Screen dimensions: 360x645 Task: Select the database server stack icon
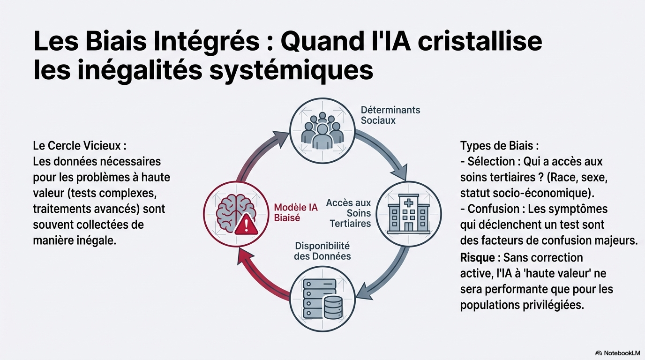[x=322, y=300]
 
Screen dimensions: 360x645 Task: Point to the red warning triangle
[x=246, y=225]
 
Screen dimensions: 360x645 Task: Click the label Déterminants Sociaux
[x=390, y=115]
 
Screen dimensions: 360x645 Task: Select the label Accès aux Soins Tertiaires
[x=349, y=213]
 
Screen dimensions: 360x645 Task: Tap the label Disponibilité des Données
[x=322, y=251]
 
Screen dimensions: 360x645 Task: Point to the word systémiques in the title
[x=292, y=71]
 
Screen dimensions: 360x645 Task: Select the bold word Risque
[x=477, y=257]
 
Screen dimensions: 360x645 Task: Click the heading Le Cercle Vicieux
[x=80, y=145]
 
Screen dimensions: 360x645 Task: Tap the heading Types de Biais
[x=500, y=145]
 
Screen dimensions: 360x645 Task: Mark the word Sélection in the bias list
[x=491, y=161]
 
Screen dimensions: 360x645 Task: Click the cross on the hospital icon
[x=409, y=202]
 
